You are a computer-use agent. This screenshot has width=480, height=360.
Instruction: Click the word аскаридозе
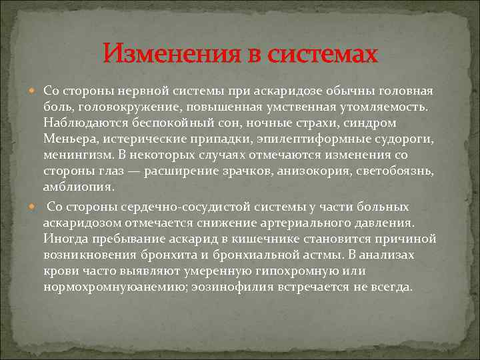tap(292, 91)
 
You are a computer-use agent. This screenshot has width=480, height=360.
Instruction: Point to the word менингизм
tap(74, 155)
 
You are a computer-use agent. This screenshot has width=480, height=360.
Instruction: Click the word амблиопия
tap(75, 187)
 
